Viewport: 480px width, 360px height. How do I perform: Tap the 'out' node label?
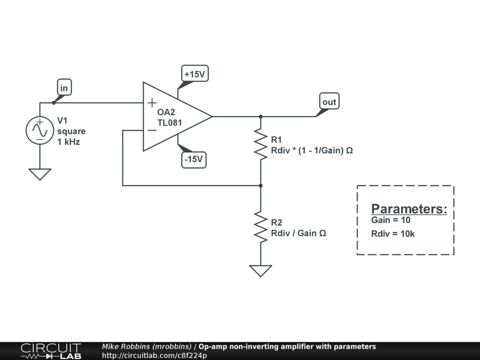click(329, 102)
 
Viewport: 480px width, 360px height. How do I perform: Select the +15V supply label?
click(195, 74)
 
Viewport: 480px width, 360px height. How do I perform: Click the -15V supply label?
click(194, 159)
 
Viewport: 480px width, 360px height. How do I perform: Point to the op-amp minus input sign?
click(152, 130)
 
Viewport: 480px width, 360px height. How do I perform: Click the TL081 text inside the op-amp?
click(170, 123)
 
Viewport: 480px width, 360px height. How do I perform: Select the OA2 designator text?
click(166, 112)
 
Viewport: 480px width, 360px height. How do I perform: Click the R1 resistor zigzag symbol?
click(261, 143)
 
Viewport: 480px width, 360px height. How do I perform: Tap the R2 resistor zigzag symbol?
click(261, 225)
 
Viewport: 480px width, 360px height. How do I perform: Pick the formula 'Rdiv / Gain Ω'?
click(298, 233)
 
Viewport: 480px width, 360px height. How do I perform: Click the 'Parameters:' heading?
click(409, 209)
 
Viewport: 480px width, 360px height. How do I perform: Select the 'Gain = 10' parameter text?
click(390, 220)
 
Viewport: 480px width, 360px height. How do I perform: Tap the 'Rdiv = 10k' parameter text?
click(393, 234)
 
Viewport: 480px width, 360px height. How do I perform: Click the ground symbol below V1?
click(40, 174)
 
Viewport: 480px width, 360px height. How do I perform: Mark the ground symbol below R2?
click(261, 270)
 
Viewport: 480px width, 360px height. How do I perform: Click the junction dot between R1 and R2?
click(261, 186)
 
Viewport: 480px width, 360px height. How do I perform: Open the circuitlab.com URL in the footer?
click(154, 355)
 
